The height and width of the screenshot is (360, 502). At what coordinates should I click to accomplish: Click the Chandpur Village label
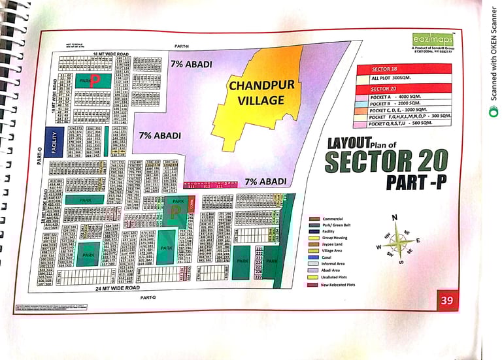coord(256,92)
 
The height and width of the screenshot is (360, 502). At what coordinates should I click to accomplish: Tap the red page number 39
coord(446,300)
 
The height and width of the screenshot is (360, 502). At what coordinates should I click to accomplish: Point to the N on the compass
coord(394,218)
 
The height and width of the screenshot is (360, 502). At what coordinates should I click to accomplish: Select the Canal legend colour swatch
coord(314,257)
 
